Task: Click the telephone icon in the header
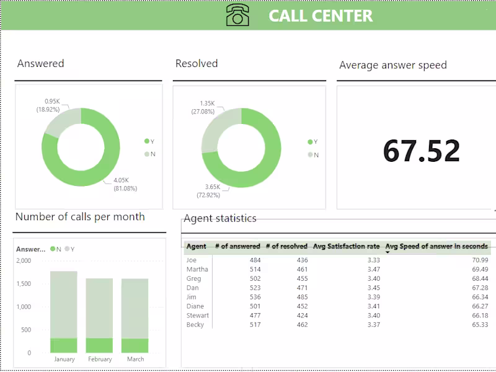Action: click(x=237, y=15)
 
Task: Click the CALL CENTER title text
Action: click(x=321, y=16)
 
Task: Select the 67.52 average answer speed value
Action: click(x=421, y=151)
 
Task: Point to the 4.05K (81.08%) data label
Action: click(x=125, y=184)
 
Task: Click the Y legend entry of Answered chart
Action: click(x=149, y=141)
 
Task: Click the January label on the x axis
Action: click(x=64, y=359)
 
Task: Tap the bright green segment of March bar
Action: click(x=135, y=345)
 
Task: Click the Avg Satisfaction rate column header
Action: click(x=346, y=246)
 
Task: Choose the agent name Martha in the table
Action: click(x=197, y=270)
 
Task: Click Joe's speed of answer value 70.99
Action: click(x=479, y=260)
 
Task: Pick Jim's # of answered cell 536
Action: click(x=254, y=297)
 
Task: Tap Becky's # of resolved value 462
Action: click(x=301, y=325)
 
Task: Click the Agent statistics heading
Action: click(x=219, y=218)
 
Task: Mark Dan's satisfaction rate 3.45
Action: click(x=372, y=288)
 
